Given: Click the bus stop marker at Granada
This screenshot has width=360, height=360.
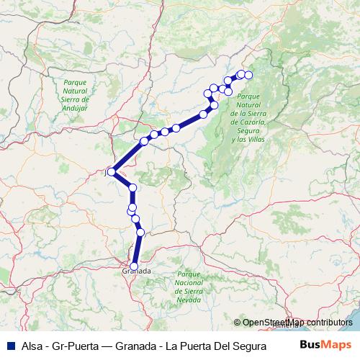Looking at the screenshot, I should [134, 266].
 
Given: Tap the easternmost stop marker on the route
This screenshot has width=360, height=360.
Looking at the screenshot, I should [248, 75].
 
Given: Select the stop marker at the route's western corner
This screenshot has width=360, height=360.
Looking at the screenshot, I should [111, 171].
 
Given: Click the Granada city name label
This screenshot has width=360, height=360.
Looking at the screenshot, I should [136, 271].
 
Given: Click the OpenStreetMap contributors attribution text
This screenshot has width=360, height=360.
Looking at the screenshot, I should [297, 323].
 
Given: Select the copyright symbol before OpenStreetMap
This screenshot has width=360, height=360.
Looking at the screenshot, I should [236, 323].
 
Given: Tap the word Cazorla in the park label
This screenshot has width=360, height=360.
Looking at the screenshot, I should [248, 121].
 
